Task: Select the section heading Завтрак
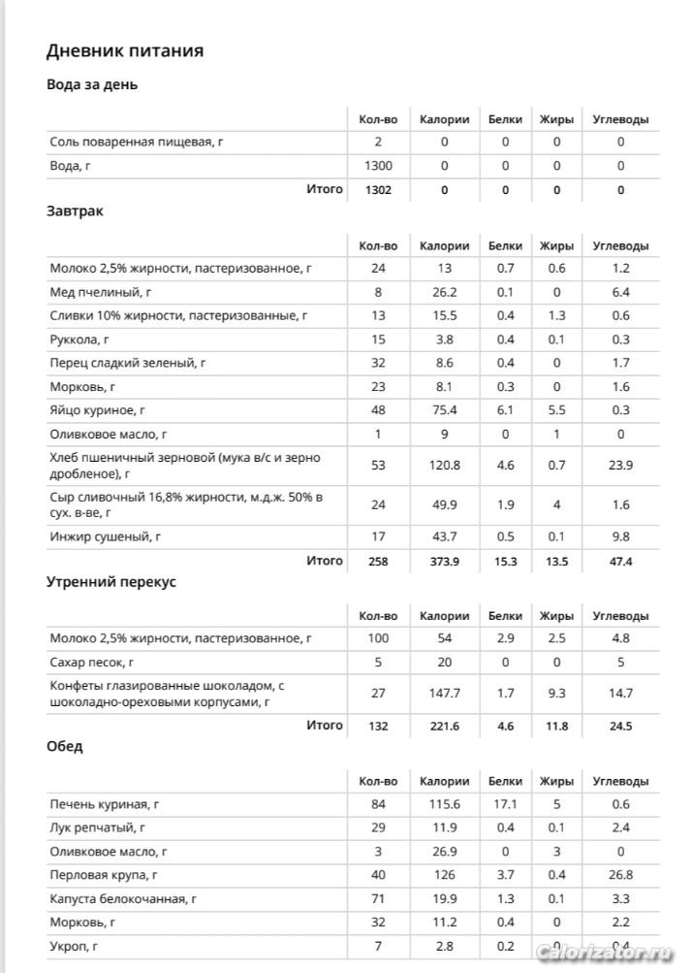pyautogui.click(x=75, y=211)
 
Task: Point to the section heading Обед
pyautogui.click(x=65, y=746)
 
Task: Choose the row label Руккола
pyautogui.click(x=79, y=340)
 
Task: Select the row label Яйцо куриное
pyautogui.click(x=98, y=411)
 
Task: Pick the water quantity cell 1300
pyautogui.click(x=378, y=166)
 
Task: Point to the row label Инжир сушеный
pyautogui.click(x=105, y=536)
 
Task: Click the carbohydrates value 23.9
pyautogui.click(x=620, y=466)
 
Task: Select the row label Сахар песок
pyautogui.click(x=92, y=664)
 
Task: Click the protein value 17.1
pyautogui.click(x=505, y=804)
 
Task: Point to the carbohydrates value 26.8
pyautogui.click(x=620, y=875)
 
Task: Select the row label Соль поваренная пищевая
pyautogui.click(x=137, y=143)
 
